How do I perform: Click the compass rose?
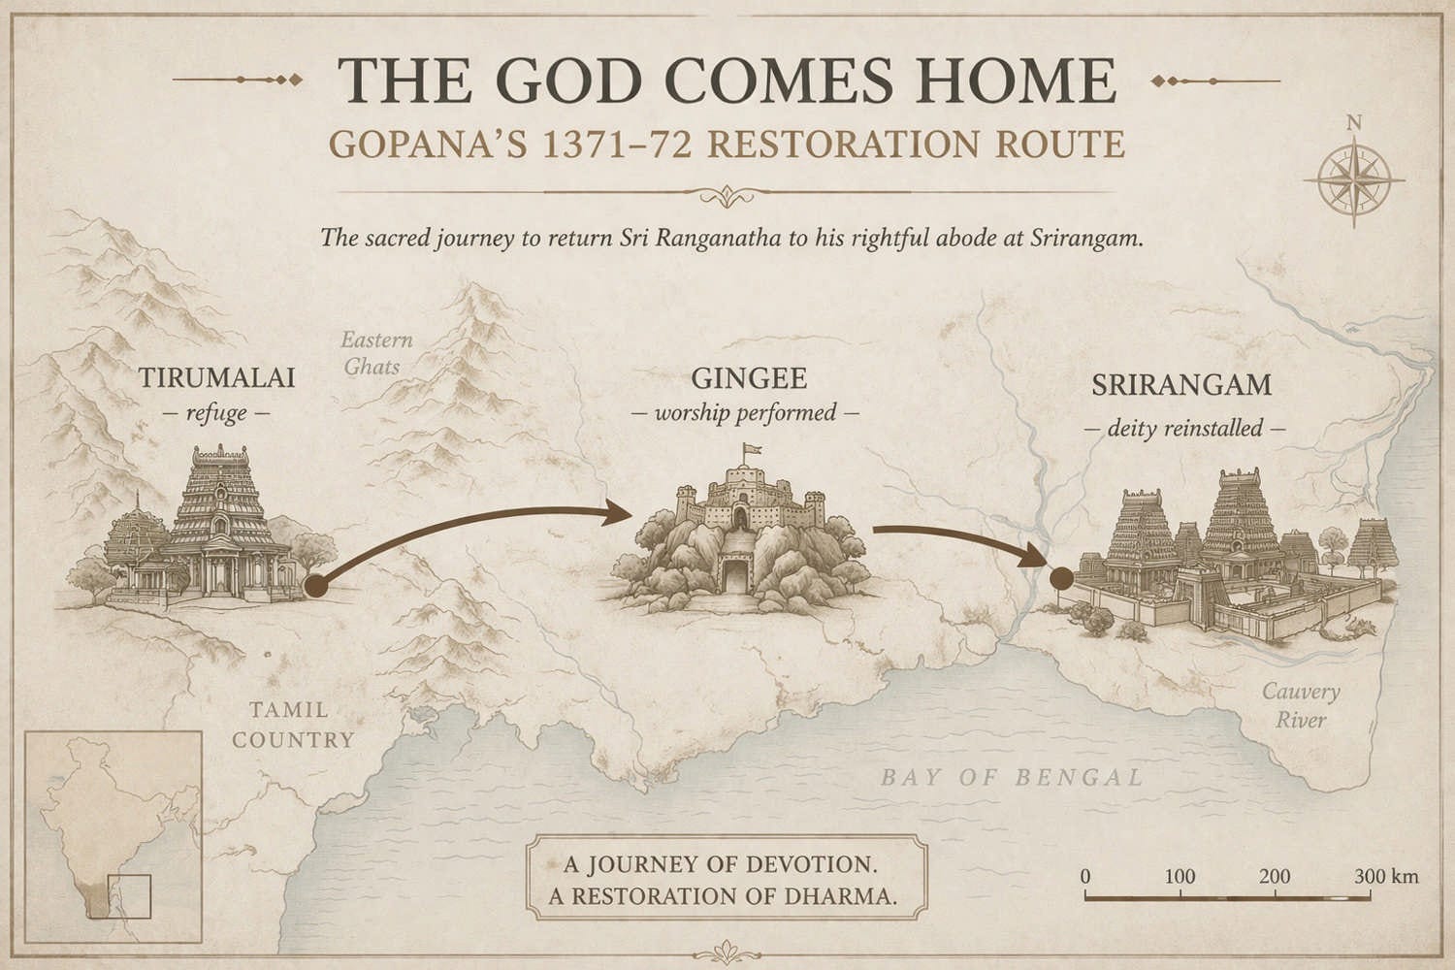click(1353, 180)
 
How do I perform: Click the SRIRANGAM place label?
click(1180, 385)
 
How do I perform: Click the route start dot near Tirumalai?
click(313, 586)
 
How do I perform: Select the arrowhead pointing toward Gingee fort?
click(617, 512)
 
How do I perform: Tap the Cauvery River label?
click(1300, 705)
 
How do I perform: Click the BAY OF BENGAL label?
click(1012, 777)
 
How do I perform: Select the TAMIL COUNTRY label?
click(292, 726)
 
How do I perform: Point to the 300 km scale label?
click(1386, 876)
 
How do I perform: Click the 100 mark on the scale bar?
click(1180, 876)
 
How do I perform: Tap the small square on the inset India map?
click(130, 895)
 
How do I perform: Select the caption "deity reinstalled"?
click(1183, 428)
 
